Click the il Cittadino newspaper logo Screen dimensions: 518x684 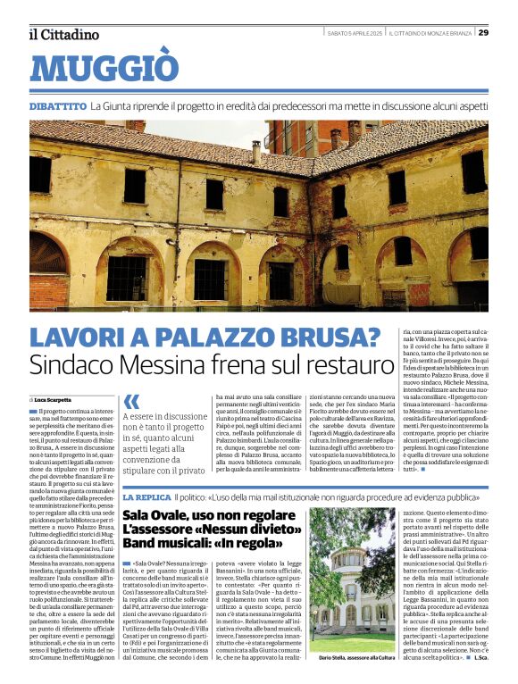click(x=64, y=35)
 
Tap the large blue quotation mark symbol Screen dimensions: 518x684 click(x=132, y=402)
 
